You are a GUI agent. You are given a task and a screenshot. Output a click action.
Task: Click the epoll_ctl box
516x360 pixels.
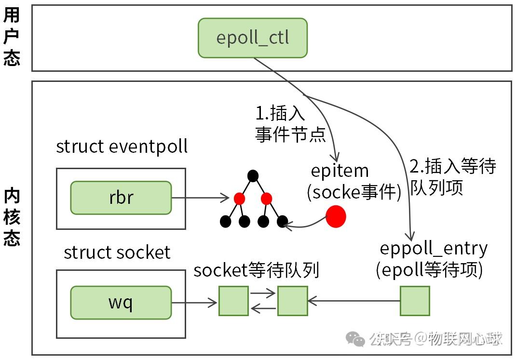(252, 38)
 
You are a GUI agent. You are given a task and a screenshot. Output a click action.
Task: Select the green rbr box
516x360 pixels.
(121, 198)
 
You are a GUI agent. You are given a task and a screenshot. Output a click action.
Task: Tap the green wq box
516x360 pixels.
(121, 303)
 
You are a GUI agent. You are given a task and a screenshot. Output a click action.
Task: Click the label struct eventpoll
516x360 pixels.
(122, 147)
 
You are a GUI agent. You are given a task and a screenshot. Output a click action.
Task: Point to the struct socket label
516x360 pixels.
(117, 253)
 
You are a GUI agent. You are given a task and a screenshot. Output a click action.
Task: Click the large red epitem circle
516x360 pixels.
(336, 217)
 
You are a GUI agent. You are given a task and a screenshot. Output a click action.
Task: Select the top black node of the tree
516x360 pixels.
(253, 176)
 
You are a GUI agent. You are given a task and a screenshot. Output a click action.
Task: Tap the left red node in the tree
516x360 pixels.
(239, 198)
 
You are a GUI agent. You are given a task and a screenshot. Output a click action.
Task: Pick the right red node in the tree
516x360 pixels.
(266, 198)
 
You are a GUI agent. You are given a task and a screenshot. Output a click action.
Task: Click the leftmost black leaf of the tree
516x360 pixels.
(226, 222)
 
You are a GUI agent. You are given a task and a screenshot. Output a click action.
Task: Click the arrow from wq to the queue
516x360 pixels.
(194, 303)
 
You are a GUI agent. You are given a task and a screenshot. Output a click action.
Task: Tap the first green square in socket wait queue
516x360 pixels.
(233, 301)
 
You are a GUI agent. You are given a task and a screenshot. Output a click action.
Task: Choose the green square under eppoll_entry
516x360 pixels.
(415, 301)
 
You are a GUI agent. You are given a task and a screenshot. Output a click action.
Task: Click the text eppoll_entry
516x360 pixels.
(434, 249)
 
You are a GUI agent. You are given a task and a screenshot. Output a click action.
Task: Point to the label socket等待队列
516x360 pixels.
(256, 271)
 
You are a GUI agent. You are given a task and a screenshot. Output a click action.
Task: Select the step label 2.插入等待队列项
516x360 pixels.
(452, 176)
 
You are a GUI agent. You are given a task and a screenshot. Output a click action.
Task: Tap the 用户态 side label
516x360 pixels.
(12, 37)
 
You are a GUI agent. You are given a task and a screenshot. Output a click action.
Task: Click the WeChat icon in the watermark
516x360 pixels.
(358, 339)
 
